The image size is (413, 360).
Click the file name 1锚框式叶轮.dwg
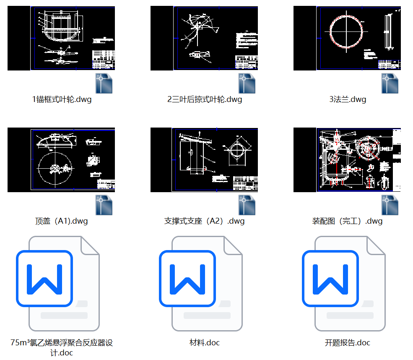point(62,99)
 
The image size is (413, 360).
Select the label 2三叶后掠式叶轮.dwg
point(205,99)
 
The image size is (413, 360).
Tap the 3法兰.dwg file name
point(348,99)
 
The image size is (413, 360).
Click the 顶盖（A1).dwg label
point(62,221)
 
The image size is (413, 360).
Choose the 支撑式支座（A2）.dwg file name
point(205,221)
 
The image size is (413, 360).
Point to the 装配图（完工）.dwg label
point(348,221)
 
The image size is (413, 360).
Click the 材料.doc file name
point(205,343)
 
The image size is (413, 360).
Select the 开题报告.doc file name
point(348,343)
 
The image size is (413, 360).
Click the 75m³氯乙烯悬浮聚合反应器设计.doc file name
point(62,347)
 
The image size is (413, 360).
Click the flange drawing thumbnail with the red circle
point(347,38)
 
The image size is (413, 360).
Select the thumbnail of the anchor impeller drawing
point(61,38)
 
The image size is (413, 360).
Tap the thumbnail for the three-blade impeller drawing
point(204,38)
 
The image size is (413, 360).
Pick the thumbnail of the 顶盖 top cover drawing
point(61,160)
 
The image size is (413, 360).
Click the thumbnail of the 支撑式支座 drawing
point(204,160)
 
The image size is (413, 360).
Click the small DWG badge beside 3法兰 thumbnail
point(390,83)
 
